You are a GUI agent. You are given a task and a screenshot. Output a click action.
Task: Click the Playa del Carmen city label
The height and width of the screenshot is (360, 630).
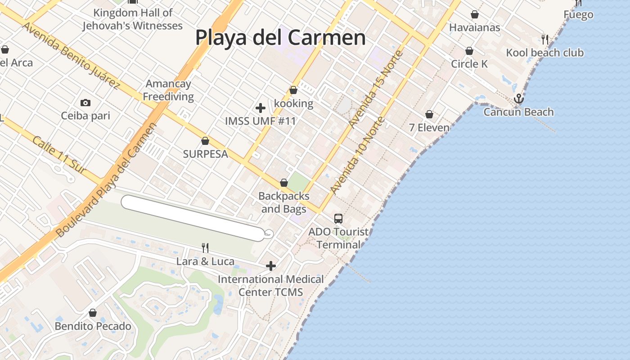click(x=280, y=37)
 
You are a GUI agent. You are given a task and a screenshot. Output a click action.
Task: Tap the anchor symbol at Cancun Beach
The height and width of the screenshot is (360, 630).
click(x=519, y=98)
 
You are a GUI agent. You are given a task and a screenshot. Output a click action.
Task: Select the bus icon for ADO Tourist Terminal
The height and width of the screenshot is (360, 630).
click(x=338, y=219)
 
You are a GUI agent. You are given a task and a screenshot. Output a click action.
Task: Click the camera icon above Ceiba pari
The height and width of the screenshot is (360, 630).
click(x=85, y=103)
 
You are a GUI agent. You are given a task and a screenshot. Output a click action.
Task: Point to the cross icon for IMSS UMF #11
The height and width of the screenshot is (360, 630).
click(x=260, y=108)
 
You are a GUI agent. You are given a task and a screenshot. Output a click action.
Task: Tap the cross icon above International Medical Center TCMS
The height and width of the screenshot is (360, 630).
click(x=270, y=266)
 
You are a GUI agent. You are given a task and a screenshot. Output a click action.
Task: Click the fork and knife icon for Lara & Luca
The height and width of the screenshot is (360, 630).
click(x=205, y=247)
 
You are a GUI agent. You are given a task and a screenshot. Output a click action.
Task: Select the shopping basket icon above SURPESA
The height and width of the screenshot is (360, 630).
click(x=205, y=141)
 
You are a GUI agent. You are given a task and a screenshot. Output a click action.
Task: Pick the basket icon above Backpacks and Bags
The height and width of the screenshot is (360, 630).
click(x=284, y=183)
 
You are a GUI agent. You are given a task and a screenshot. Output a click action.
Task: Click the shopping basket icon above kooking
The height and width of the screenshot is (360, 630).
click(x=293, y=90)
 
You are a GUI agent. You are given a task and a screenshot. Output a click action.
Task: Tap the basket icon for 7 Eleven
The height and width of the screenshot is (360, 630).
click(x=429, y=114)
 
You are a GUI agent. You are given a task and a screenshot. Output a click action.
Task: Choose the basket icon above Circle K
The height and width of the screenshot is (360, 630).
click(x=469, y=51)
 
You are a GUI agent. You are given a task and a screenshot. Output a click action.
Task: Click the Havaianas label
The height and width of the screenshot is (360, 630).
click(x=474, y=27)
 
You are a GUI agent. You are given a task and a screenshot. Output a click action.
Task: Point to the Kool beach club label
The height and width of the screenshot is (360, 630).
click(x=544, y=53)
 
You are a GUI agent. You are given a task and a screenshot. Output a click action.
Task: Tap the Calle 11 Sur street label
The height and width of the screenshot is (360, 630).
click(x=59, y=155)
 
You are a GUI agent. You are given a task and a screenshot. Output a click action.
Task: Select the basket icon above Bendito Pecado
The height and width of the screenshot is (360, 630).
click(x=93, y=313)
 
